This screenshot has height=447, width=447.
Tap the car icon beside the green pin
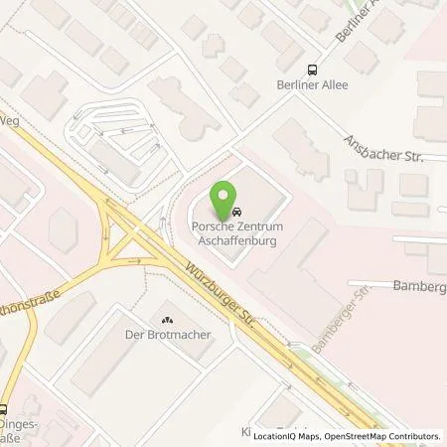click(x=238, y=213)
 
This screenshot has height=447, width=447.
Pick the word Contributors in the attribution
click(x=411, y=435)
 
